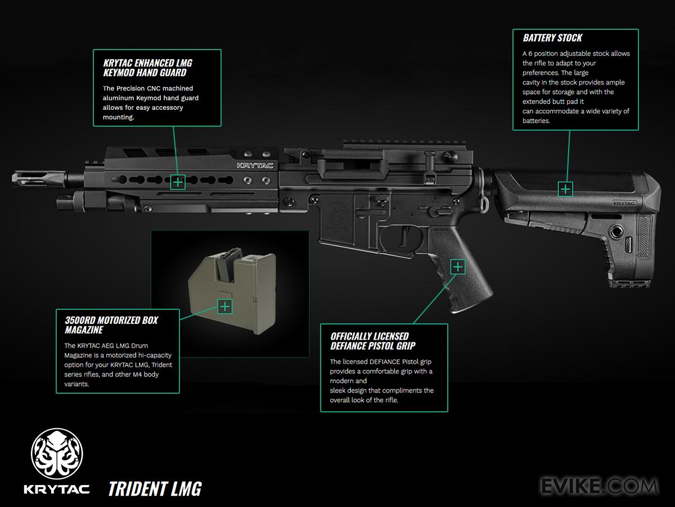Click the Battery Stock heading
[552, 38]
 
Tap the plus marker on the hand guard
[178, 182]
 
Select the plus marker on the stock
[565, 189]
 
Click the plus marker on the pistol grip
[458, 266]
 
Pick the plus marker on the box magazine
[224, 306]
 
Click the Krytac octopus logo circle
[56, 453]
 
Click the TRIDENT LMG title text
[155, 488]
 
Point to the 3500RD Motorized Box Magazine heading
[111, 324]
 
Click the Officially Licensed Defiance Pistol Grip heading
[373, 341]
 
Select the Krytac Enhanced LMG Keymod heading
[148, 68]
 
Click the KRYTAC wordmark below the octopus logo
[56, 488]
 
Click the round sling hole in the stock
[618, 231]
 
